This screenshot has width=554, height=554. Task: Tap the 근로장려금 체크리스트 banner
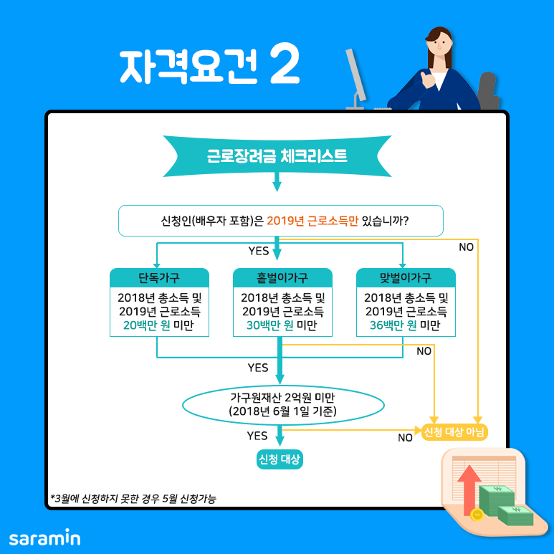(277, 156)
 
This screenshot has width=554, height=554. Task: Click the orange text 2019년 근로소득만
(312, 221)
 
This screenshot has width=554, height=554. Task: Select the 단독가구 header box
(159, 278)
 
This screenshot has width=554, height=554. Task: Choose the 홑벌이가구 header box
(282, 278)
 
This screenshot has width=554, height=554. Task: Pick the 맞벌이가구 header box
(406, 278)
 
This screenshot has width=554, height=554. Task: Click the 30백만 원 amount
(265, 326)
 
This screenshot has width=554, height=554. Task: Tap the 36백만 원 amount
(388, 326)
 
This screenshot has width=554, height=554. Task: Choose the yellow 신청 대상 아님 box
(454, 431)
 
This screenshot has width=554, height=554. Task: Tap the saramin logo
(44, 537)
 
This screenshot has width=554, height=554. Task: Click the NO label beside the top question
(466, 247)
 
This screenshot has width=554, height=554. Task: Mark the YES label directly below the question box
(258, 251)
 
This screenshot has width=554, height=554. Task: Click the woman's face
(439, 51)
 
